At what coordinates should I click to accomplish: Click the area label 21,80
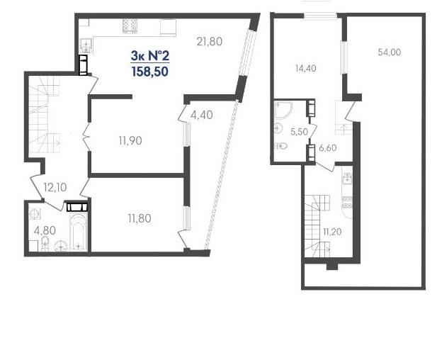click(210, 42)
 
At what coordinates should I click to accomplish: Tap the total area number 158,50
click(150, 72)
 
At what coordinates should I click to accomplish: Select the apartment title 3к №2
click(150, 56)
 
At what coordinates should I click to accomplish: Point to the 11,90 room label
click(130, 141)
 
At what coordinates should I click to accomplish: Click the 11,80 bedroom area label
click(140, 218)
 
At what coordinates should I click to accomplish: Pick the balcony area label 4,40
click(202, 115)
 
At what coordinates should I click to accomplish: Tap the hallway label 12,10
click(55, 187)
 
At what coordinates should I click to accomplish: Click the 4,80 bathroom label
click(45, 230)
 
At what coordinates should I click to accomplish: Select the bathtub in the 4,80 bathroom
click(79, 232)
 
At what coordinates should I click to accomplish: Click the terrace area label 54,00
click(390, 52)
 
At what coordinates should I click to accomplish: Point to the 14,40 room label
click(306, 68)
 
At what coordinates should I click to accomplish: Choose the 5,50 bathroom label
click(299, 132)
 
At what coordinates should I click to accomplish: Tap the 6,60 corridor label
click(328, 148)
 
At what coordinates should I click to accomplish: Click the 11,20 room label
click(332, 232)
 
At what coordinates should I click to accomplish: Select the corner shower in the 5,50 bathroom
click(283, 110)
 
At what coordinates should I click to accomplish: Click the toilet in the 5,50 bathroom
click(281, 145)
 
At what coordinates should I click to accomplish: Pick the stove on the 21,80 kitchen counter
click(130, 26)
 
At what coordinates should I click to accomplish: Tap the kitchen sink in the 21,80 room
click(86, 45)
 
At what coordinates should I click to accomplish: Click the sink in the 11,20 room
click(347, 178)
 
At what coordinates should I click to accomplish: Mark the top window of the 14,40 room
click(320, 16)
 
